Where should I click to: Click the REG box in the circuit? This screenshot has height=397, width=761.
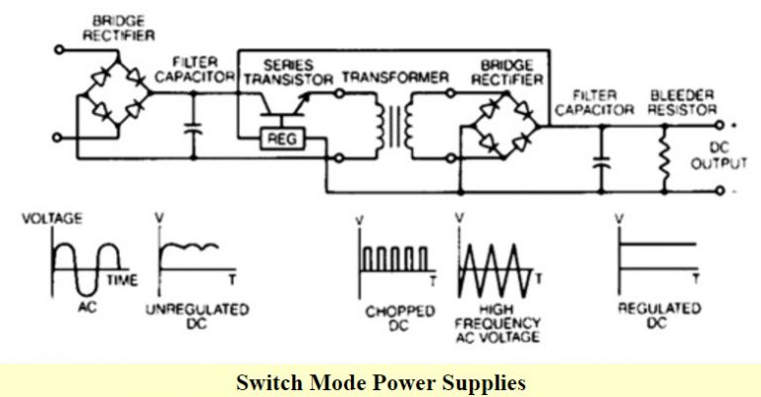tap(274, 139)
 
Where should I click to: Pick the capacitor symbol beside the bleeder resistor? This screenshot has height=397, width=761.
tap(598, 158)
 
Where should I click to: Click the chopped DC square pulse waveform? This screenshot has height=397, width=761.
tap(393, 258)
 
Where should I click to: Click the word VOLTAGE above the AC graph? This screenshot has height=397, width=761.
tap(52, 217)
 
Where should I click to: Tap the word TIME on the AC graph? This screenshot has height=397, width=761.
tap(122, 281)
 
